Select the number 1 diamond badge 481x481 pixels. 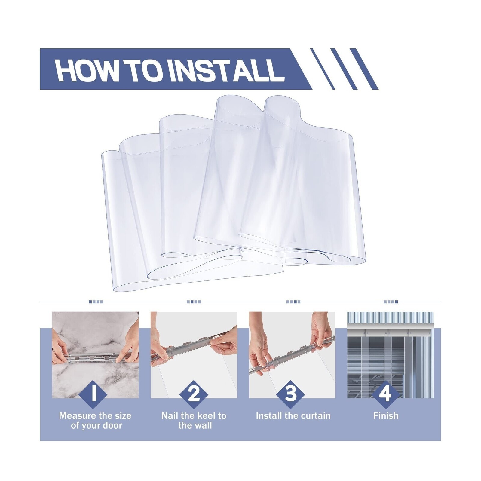[x=93, y=394]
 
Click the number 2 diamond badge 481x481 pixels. [x=194, y=394]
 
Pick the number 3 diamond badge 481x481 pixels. [x=290, y=394]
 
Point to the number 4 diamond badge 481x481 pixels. [x=386, y=394]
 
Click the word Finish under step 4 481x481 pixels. [x=386, y=416]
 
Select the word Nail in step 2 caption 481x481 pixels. [x=170, y=416]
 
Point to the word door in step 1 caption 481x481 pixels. [x=112, y=426]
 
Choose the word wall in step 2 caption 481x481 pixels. [x=203, y=426]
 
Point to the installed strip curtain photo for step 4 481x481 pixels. [x=390, y=355]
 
